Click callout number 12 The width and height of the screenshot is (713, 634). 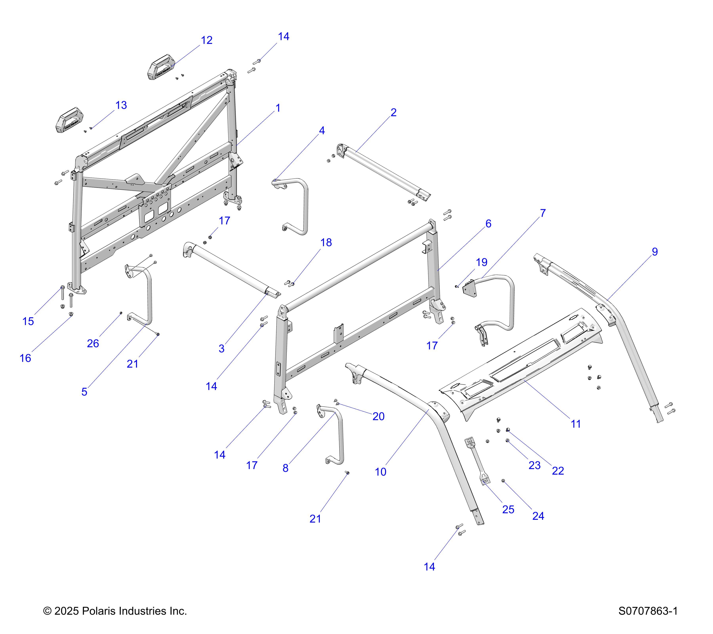[207, 40]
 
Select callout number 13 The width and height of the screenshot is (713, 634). [121, 105]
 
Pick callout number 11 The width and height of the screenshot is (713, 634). [576, 424]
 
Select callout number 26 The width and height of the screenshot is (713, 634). [93, 343]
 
